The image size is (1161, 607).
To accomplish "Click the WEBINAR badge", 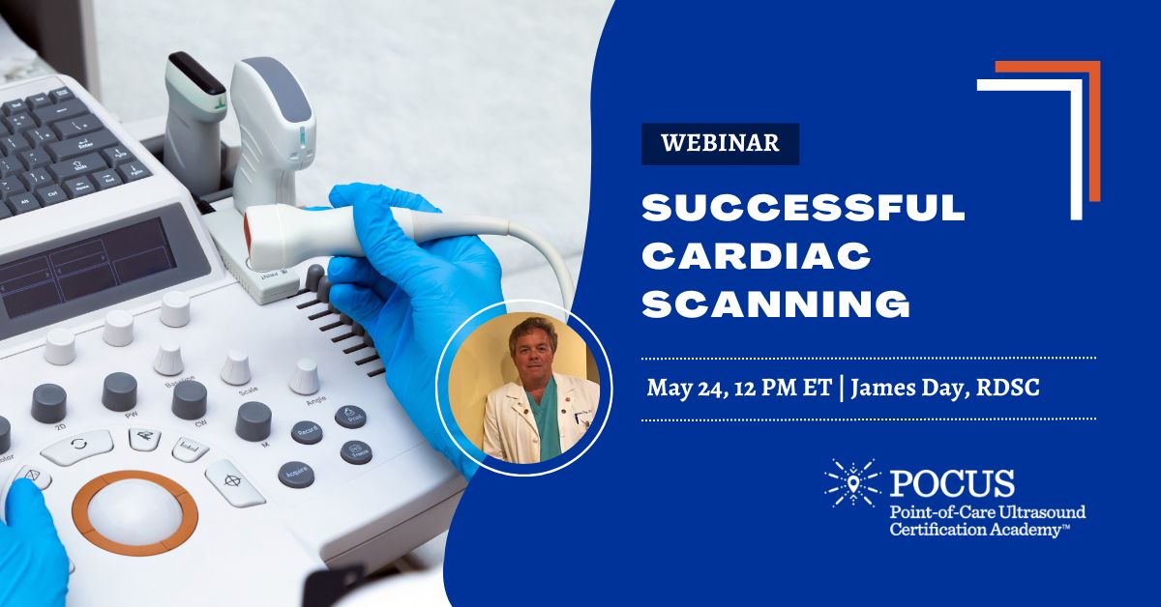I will pyautogui.click(x=720, y=144).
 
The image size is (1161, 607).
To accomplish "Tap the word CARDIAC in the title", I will pyautogui.click(x=758, y=257).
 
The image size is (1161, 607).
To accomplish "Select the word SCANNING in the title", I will pyautogui.click(x=777, y=304).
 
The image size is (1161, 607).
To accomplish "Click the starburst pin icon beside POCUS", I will pyautogui.click(x=850, y=485).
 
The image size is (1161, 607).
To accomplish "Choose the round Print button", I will pyautogui.click(x=350, y=417).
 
